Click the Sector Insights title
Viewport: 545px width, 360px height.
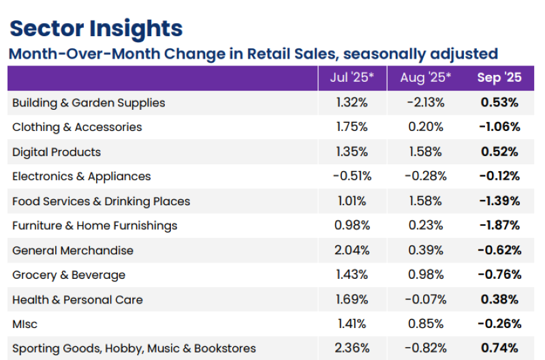point(95,29)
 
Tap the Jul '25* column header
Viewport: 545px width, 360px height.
point(352,78)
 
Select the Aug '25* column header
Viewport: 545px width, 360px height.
point(426,78)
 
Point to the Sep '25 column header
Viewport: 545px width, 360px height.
point(499,78)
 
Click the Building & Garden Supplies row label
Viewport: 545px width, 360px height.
point(89,103)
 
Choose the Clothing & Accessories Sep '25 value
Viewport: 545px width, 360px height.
point(499,127)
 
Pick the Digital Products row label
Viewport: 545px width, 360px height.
point(57,152)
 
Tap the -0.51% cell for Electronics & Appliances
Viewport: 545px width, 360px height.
point(352,177)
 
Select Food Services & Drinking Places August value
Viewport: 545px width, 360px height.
point(426,201)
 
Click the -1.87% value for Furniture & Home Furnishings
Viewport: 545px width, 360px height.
point(499,226)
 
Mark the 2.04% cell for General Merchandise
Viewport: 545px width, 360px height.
point(352,250)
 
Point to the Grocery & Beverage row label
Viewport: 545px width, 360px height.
point(69,275)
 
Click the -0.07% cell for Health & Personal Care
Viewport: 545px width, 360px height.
point(426,299)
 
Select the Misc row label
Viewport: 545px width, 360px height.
point(25,324)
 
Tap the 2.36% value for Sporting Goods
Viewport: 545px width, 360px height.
point(352,348)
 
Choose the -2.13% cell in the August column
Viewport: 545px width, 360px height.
point(426,103)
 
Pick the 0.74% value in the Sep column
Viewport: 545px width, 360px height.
point(499,348)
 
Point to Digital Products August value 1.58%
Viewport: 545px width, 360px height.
point(426,152)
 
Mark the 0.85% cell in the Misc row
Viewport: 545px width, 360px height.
point(426,324)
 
